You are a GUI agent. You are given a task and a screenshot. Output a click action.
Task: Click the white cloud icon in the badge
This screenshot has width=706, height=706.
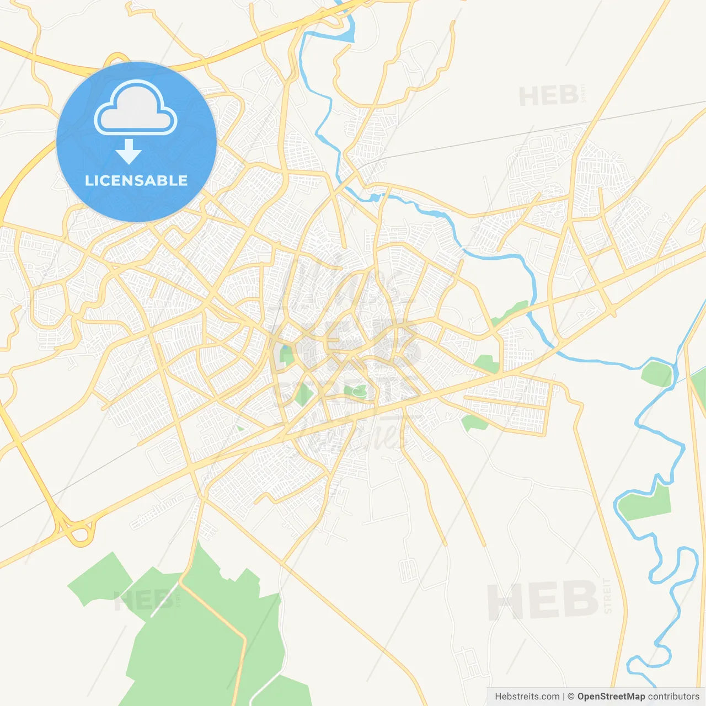tap(136, 108)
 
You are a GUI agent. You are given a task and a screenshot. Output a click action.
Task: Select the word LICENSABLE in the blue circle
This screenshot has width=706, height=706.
tap(136, 180)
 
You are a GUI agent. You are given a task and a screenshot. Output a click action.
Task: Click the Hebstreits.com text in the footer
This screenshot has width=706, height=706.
tap(527, 697)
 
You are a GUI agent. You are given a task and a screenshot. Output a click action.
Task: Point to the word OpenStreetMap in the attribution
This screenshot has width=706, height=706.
tap(611, 697)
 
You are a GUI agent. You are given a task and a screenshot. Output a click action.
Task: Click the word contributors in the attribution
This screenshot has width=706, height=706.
tap(673, 697)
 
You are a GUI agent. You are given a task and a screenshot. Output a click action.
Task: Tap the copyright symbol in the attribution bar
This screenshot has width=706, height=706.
tap(571, 697)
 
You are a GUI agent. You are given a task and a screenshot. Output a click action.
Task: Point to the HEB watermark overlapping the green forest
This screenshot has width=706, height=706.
tap(143, 600)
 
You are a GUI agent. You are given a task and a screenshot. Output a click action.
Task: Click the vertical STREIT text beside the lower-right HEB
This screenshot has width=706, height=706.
tap(607, 596)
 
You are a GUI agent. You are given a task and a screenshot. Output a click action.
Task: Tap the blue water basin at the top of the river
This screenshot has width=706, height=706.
tap(347, 33)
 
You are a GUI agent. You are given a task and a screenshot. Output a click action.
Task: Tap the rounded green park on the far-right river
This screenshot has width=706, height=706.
tap(657, 373)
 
